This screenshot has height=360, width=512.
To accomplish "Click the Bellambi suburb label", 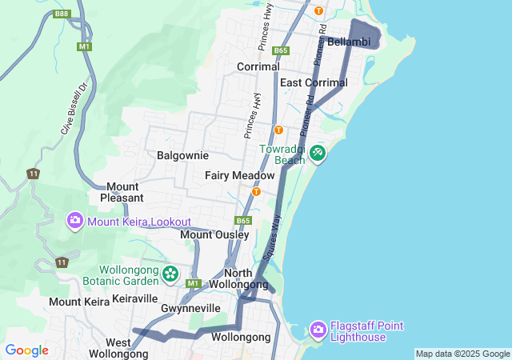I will pyautogui.click(x=347, y=41).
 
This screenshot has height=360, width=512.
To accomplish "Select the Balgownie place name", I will pyautogui.click(x=182, y=155).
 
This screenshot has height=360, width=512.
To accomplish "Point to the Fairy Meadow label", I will pyautogui.click(x=239, y=175).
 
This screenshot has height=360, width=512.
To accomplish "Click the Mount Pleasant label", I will pyautogui.click(x=122, y=192).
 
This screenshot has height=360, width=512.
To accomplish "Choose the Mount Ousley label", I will pyautogui.click(x=209, y=234).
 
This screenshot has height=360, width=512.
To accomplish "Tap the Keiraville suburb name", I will pyautogui.click(x=135, y=298).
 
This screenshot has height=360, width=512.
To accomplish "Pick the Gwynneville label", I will pyautogui.click(x=190, y=308).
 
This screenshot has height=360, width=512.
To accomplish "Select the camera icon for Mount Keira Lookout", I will pyautogui.click(x=75, y=221).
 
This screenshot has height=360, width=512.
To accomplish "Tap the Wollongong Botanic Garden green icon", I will pyautogui.click(x=170, y=274).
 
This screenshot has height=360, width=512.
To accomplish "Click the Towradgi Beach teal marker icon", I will pyautogui.click(x=318, y=153).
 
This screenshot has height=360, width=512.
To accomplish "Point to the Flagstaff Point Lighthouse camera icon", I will pyautogui.click(x=318, y=330).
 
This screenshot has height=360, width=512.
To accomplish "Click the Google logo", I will pyautogui.click(x=26, y=350).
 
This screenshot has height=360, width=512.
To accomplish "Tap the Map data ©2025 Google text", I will pyautogui.click(x=462, y=354).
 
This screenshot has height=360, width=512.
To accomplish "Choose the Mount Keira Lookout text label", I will pyautogui.click(x=140, y=222).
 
